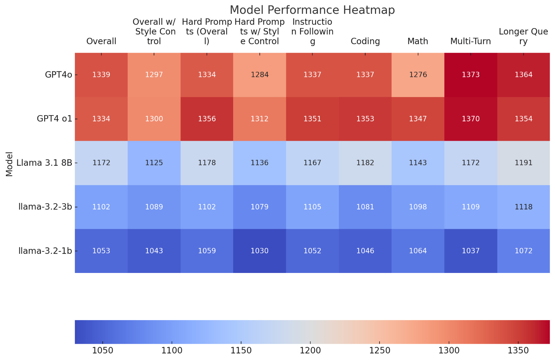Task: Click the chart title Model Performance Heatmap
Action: pyautogui.click(x=312, y=10)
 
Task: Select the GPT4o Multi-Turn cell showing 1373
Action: pyautogui.click(x=471, y=75)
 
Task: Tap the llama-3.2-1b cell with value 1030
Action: pyautogui.click(x=259, y=251)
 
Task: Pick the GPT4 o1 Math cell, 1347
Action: pyautogui.click(x=418, y=119)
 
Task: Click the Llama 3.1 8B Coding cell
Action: pyautogui.click(x=365, y=163)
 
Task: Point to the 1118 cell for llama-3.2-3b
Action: pyautogui.click(x=523, y=207)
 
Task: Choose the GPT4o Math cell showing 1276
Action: pyautogui.click(x=418, y=75)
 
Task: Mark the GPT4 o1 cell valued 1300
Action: pyautogui.click(x=154, y=119)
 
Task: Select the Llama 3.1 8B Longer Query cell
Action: pyautogui.click(x=523, y=163)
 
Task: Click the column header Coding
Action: pyautogui.click(x=365, y=41)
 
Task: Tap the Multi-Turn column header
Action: pyautogui.click(x=471, y=41)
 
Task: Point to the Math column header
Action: pyautogui.click(x=418, y=41)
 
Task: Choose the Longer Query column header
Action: pyautogui.click(x=523, y=36)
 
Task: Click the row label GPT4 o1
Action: pyautogui.click(x=54, y=119)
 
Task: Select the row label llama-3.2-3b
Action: pyautogui.click(x=45, y=207)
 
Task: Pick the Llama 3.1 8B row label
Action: pyautogui.click(x=44, y=163)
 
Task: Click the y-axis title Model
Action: pyautogui.click(x=9, y=164)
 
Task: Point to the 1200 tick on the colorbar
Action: pyautogui.click(x=310, y=351)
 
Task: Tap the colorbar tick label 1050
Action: pyautogui.click(x=103, y=351)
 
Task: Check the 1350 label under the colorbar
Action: pyautogui.click(x=518, y=351)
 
